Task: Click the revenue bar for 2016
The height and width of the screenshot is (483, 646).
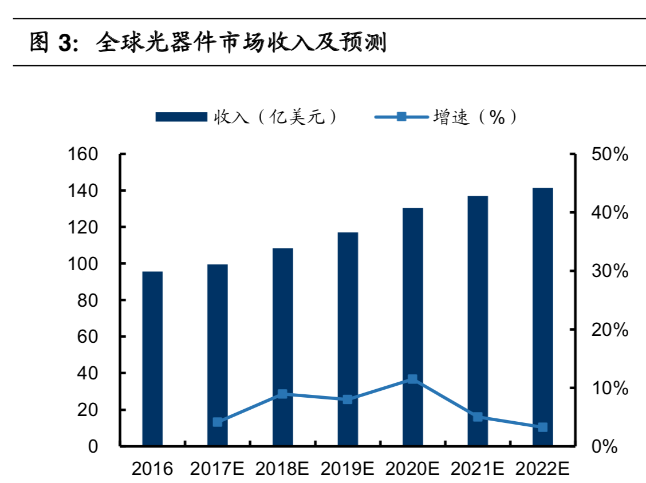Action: (152, 358)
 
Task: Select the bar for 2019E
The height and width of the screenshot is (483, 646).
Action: (348, 339)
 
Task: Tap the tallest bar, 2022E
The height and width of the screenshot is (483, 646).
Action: (543, 316)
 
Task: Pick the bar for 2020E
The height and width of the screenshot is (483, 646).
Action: (413, 326)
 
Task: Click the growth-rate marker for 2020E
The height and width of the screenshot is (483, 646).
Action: (413, 379)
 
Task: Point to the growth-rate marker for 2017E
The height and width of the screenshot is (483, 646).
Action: (218, 422)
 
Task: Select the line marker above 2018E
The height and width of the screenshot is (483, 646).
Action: (282, 394)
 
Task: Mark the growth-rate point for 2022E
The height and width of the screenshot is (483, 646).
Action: (543, 427)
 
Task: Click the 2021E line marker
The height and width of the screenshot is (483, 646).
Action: (478, 417)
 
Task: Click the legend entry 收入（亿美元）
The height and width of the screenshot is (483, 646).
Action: (246, 117)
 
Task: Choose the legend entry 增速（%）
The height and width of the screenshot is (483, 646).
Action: (447, 117)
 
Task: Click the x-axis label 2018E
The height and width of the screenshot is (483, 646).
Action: (282, 469)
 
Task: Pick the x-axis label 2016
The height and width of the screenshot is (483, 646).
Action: (152, 469)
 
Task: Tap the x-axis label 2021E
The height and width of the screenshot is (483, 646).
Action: (478, 469)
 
